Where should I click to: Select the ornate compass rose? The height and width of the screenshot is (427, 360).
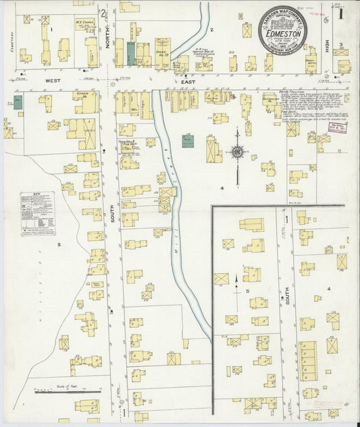pos(236,151)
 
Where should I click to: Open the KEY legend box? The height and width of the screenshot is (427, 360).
pos(37,214)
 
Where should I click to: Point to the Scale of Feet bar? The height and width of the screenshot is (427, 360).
pos(68,389)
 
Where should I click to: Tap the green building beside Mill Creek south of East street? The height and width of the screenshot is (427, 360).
pos(188,141)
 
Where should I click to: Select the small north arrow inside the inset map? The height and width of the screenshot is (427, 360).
pos(236,284)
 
